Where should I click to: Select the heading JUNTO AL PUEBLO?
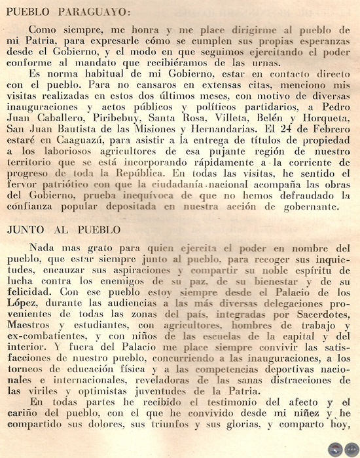[x=64, y=230]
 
